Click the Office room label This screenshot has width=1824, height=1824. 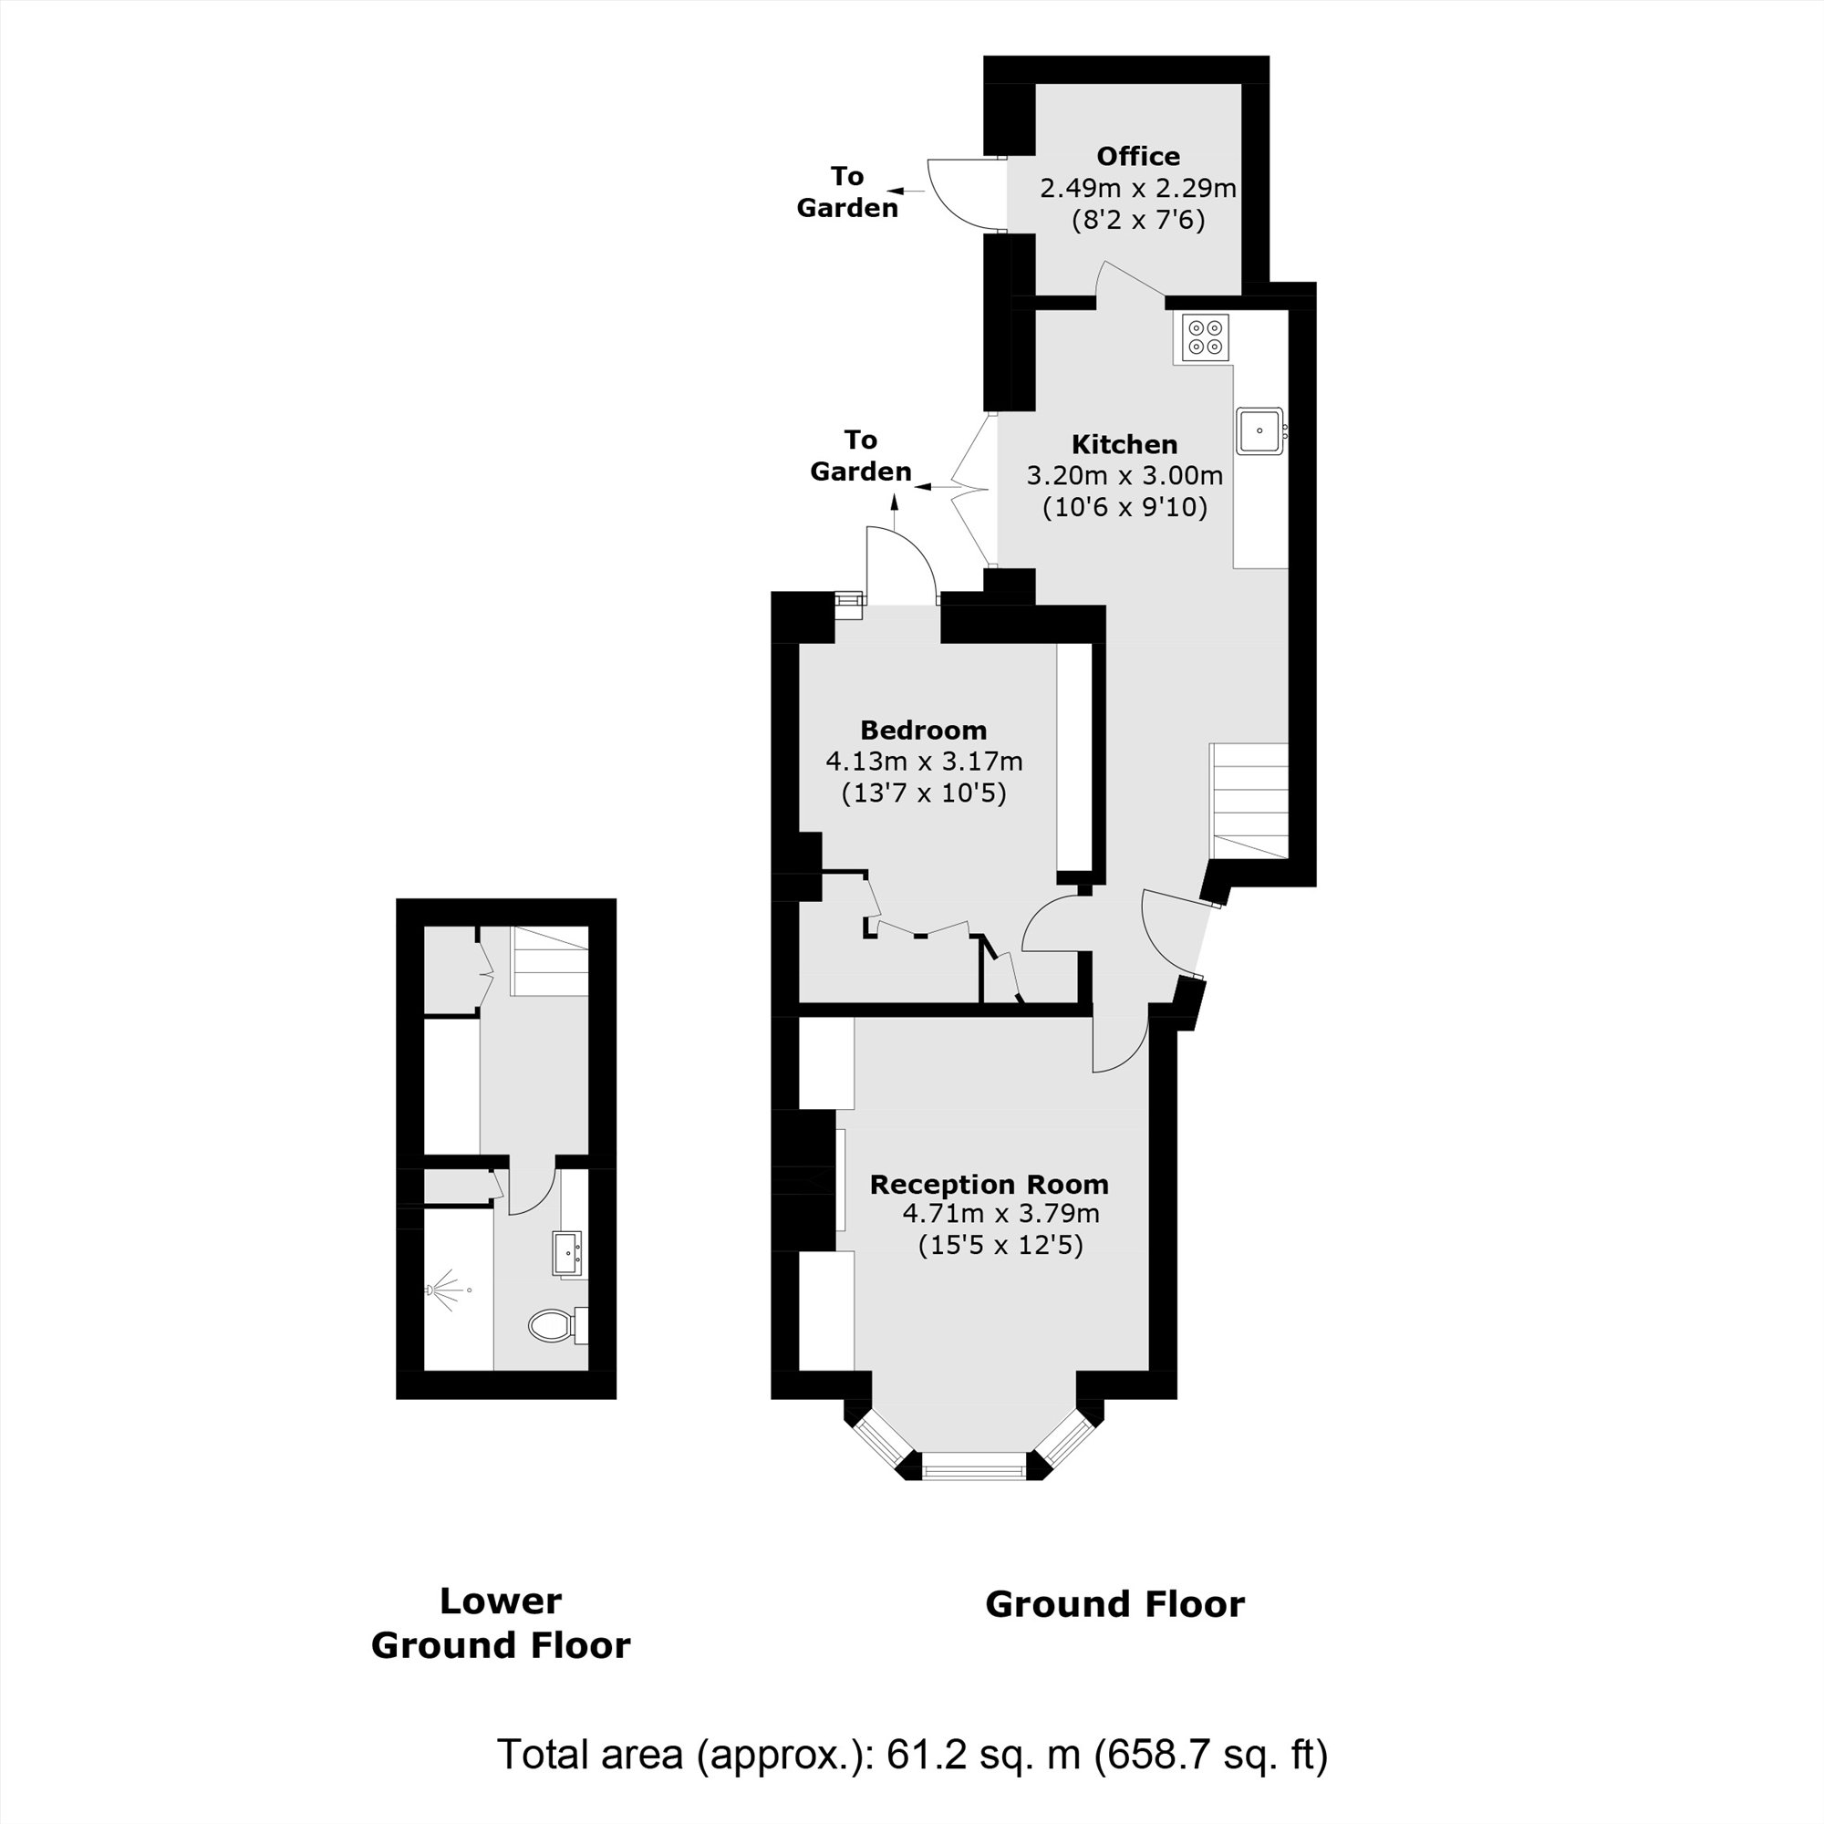(x=1137, y=156)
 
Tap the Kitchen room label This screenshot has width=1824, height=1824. (x=1124, y=444)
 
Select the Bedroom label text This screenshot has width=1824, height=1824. (x=923, y=730)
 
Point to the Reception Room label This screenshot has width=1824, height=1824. (x=989, y=1184)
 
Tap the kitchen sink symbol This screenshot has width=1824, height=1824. (x=1260, y=432)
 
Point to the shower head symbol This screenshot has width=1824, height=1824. (x=448, y=1289)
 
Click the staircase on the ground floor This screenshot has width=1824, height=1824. (x=1249, y=801)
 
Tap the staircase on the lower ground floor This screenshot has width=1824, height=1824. (x=549, y=961)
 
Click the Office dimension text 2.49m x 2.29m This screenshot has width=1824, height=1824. (x=1137, y=188)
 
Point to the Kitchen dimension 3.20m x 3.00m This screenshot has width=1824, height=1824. (x=1124, y=475)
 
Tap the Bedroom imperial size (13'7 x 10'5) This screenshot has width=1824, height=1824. (x=923, y=793)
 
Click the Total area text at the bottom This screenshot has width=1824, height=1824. (x=912, y=1753)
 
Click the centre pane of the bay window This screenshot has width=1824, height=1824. (x=972, y=1466)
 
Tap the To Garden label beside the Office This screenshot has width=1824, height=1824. (x=847, y=192)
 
